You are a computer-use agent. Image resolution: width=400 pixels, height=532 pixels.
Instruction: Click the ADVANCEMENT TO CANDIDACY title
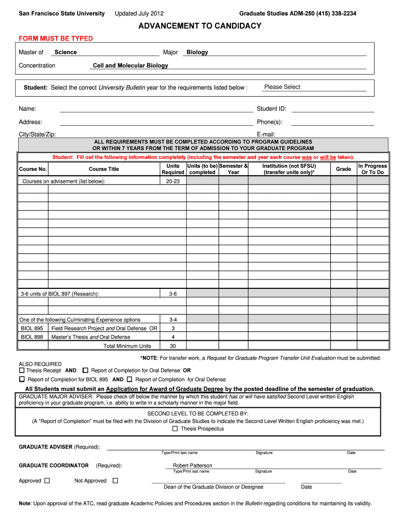pyautogui.click(x=200, y=26)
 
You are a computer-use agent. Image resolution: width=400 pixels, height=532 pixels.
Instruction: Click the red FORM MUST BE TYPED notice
pyautogui.click(x=56, y=39)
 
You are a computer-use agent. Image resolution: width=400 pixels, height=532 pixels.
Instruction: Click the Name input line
pyautogui.click(x=156, y=109)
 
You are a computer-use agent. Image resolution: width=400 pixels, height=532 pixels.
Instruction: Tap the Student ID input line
pyautogui.click(x=332, y=109)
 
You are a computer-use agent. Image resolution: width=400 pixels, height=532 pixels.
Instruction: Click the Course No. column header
pyautogui.click(x=33, y=169)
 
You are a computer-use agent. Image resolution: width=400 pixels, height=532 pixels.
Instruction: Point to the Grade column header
pyautogui.click(x=343, y=169)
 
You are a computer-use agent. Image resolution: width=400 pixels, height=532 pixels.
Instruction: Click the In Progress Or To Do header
pyautogui.click(x=372, y=169)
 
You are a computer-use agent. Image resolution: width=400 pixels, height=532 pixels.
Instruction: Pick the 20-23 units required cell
pyautogui.click(x=173, y=181)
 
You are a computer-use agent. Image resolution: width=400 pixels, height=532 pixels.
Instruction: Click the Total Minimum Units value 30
pyautogui.click(x=173, y=346)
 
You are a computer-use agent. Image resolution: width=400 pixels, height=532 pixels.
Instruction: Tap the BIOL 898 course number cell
pyautogui.click(x=32, y=337)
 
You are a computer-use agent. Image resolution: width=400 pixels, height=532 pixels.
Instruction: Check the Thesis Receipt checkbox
pyautogui.click(x=22, y=371)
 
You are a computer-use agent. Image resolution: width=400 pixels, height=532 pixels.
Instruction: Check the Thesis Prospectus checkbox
pyautogui.click(x=175, y=429)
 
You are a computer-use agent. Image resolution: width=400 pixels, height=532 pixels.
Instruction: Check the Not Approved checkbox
pyautogui.click(x=115, y=481)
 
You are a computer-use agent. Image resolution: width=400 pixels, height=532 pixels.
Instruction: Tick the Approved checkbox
pyautogui.click(x=47, y=481)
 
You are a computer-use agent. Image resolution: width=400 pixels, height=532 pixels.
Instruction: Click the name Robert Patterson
pyautogui.click(x=192, y=465)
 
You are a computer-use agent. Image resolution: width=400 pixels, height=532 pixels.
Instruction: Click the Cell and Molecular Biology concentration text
pyautogui.click(x=130, y=65)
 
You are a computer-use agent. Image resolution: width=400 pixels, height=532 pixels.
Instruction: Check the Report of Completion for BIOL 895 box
pyautogui.click(x=22, y=380)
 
